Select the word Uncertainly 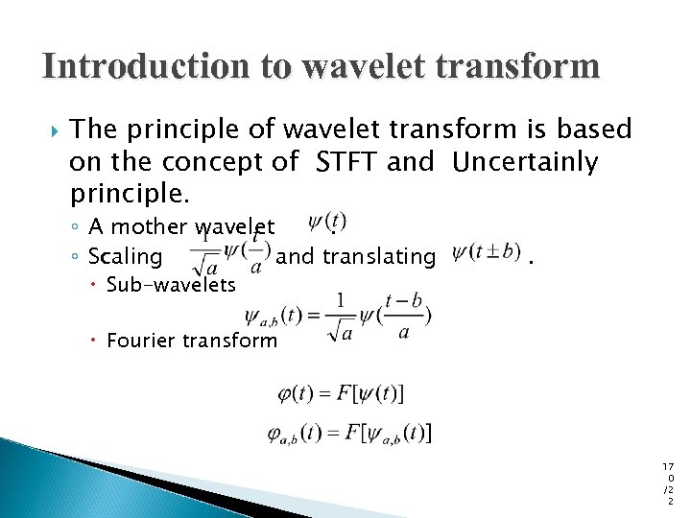coord(525,162)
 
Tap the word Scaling coord(126,256)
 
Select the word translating coord(379,256)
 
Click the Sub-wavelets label coord(171,284)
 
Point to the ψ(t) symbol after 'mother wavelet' coord(327,223)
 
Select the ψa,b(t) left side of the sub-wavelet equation coord(272,316)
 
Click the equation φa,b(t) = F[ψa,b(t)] coord(349,435)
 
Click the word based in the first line coord(598,129)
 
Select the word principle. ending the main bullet coord(131,195)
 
